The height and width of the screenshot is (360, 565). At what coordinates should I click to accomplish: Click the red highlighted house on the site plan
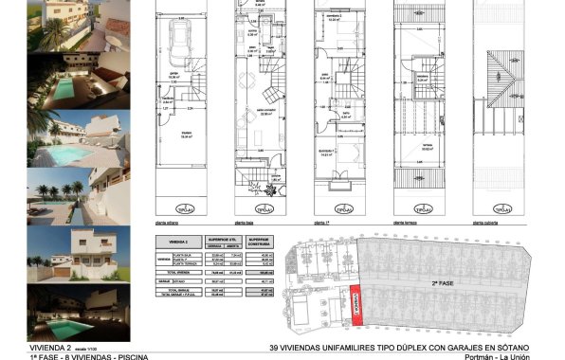356,306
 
